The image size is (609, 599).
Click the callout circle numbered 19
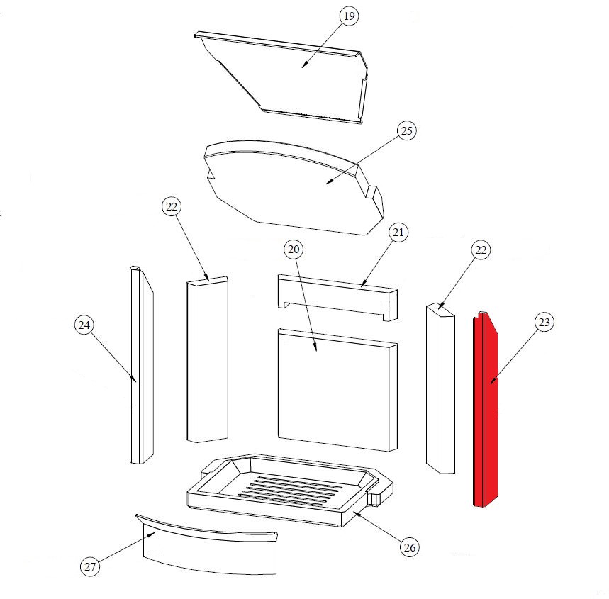point(350,16)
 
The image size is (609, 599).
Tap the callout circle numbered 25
point(407,131)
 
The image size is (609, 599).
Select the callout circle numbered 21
point(398,233)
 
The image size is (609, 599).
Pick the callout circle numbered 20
point(294,250)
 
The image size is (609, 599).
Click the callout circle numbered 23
point(544,322)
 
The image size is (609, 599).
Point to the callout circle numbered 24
point(84,325)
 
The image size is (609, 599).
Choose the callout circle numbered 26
point(410,548)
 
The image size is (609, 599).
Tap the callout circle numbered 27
point(90,567)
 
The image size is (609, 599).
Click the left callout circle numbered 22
point(172,207)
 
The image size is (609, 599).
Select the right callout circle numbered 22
point(481,250)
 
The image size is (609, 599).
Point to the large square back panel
point(338,390)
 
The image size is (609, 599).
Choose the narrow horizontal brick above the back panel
point(338,297)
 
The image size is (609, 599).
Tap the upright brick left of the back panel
point(207,359)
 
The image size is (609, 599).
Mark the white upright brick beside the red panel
point(440,388)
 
